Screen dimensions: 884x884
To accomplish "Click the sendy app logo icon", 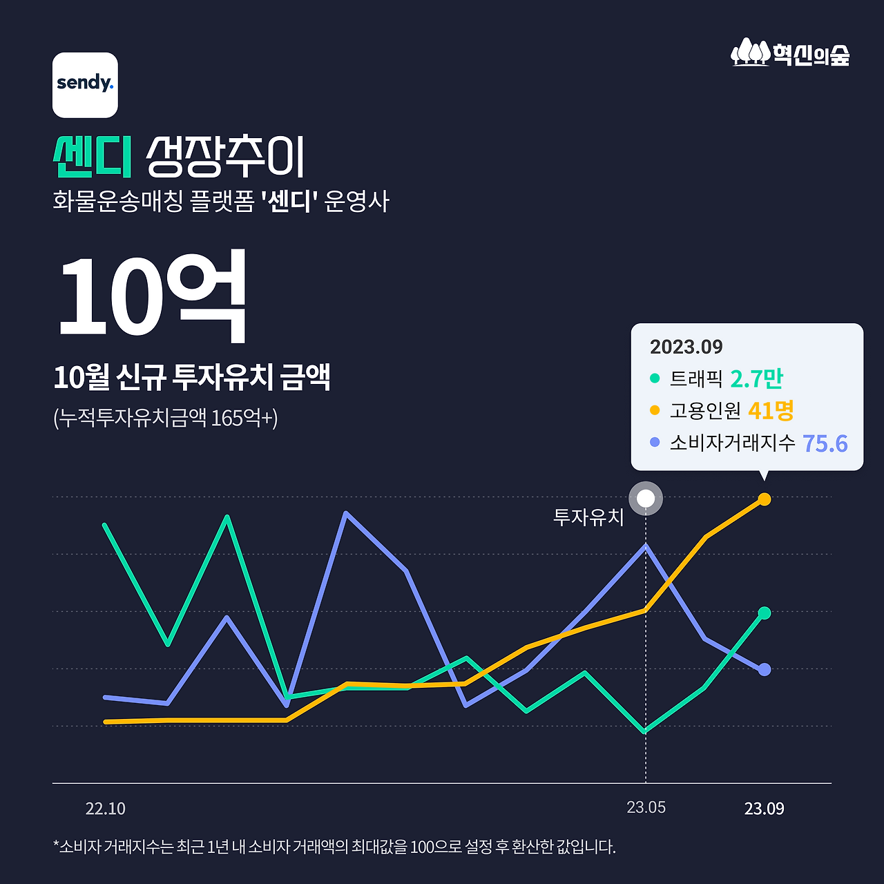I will [x=85, y=85].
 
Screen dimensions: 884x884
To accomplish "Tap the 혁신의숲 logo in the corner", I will [x=790, y=53].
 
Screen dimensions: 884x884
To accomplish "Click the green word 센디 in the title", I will [x=93, y=157].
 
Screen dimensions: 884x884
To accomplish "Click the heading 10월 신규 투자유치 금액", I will [x=192, y=377].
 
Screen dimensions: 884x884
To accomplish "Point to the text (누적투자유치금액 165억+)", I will [x=165, y=418].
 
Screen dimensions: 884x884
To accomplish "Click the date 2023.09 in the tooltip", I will [x=686, y=347].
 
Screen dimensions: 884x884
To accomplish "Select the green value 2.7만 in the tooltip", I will [x=756, y=378].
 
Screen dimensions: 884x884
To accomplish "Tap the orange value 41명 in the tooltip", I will [x=771, y=411].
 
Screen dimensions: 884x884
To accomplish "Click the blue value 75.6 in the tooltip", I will [x=825, y=443].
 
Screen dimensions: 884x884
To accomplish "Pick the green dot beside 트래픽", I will [x=655, y=378].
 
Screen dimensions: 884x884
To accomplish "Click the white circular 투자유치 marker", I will [x=646, y=498].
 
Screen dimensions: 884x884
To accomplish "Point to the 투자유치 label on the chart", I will [x=588, y=517].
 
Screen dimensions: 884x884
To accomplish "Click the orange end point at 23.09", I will [x=765, y=499].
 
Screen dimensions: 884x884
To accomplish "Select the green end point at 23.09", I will [x=765, y=613].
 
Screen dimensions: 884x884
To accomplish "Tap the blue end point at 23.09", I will [x=765, y=669].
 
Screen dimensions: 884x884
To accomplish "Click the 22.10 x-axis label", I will [x=106, y=809].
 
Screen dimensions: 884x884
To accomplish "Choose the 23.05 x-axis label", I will [x=646, y=807].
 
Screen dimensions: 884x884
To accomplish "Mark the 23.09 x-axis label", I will [x=764, y=809].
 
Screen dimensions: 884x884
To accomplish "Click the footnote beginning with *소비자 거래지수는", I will [x=334, y=847].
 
